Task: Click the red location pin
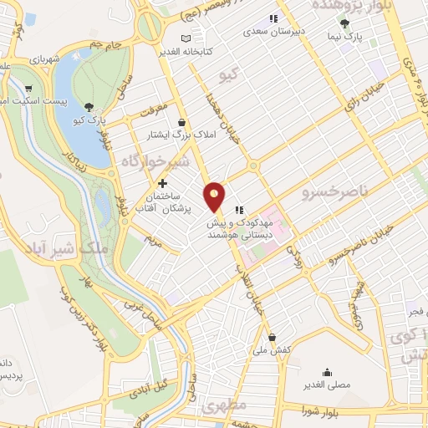(x=215, y=196)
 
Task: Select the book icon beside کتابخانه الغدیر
(x=186, y=39)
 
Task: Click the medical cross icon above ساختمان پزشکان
(x=162, y=182)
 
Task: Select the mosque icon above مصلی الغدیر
(x=327, y=374)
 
